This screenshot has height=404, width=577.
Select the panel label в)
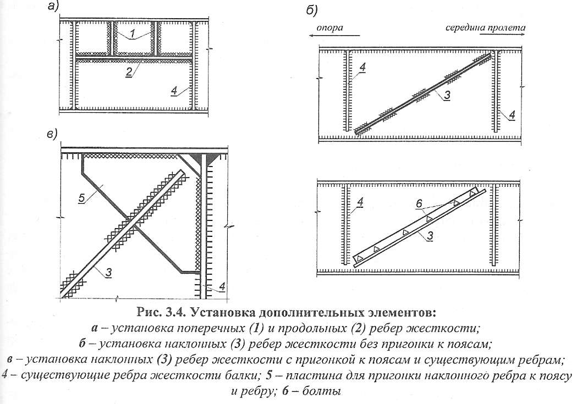(x=52, y=135)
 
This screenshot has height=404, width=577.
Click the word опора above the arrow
(x=329, y=27)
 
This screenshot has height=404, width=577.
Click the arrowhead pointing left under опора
(x=312, y=36)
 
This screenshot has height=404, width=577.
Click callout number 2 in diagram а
(x=129, y=71)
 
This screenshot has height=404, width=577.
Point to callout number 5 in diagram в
(x=82, y=198)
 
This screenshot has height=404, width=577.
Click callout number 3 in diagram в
(x=108, y=273)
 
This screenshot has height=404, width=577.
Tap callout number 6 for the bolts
(x=419, y=203)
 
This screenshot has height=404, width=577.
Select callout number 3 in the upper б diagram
(x=447, y=95)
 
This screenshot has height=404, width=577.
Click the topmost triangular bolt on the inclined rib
(x=472, y=193)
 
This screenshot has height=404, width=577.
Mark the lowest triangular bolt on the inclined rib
(x=360, y=259)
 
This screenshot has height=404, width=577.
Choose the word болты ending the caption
(x=321, y=391)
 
